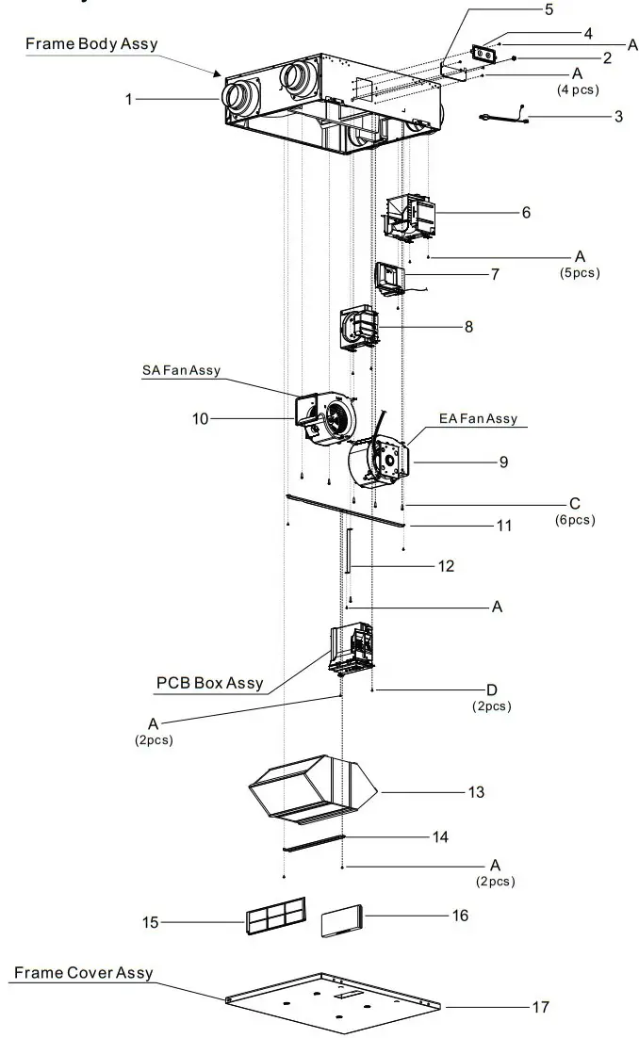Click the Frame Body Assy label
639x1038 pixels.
[90, 44]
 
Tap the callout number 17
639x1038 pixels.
[540, 1007]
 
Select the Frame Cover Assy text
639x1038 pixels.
[83, 973]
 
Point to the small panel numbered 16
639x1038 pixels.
[341, 920]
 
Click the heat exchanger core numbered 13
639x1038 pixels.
[312, 788]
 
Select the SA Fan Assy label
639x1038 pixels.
[181, 370]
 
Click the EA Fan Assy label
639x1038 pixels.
[478, 418]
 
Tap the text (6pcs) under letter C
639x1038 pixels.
[575, 520]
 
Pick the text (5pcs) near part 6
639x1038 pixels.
[579, 273]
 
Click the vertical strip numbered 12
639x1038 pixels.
[349, 551]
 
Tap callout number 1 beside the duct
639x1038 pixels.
[128, 98]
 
